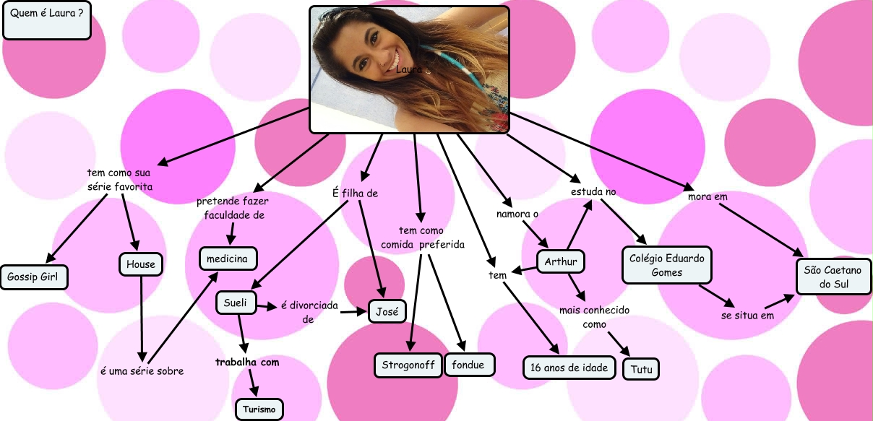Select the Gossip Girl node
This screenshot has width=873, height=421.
click(34, 277)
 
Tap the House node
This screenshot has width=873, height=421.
click(140, 264)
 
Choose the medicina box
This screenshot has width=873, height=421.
click(228, 258)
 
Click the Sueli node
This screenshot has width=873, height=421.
click(236, 303)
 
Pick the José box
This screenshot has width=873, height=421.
click(387, 311)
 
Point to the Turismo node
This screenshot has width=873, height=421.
click(259, 409)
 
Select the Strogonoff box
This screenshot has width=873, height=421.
click(408, 365)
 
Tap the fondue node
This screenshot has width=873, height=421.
click(468, 365)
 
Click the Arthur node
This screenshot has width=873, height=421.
click(561, 261)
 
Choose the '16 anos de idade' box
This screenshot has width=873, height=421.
click(569, 368)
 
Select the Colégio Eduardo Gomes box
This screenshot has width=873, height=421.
click(666, 265)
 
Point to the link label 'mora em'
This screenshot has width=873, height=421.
click(708, 196)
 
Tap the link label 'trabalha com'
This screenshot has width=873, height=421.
click(247, 362)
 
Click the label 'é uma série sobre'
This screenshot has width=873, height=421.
click(142, 371)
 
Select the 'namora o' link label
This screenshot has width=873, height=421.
click(517, 214)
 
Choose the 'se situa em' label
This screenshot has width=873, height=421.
click(747, 316)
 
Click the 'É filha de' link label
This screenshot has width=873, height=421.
click(355, 193)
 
